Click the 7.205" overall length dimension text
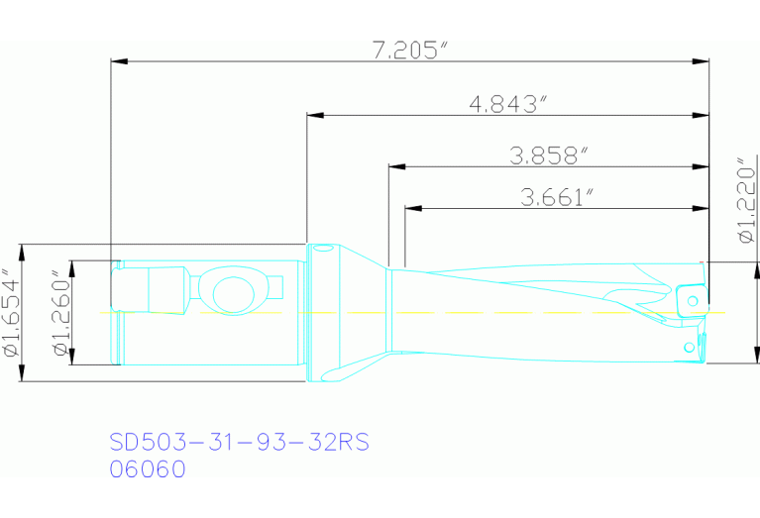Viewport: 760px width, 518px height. pos(406,51)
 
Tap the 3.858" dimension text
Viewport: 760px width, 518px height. pos(549,155)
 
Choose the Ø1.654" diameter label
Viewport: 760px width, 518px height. pos(11,312)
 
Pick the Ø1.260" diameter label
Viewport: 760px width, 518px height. pos(61,312)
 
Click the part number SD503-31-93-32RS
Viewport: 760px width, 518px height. pos(238,442)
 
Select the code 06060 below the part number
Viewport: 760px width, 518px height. pos(146,469)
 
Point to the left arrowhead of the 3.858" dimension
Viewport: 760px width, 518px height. pos(396,165)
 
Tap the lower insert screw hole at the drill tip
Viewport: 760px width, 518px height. pos(690,348)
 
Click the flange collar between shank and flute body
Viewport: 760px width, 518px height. pos(322,312)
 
